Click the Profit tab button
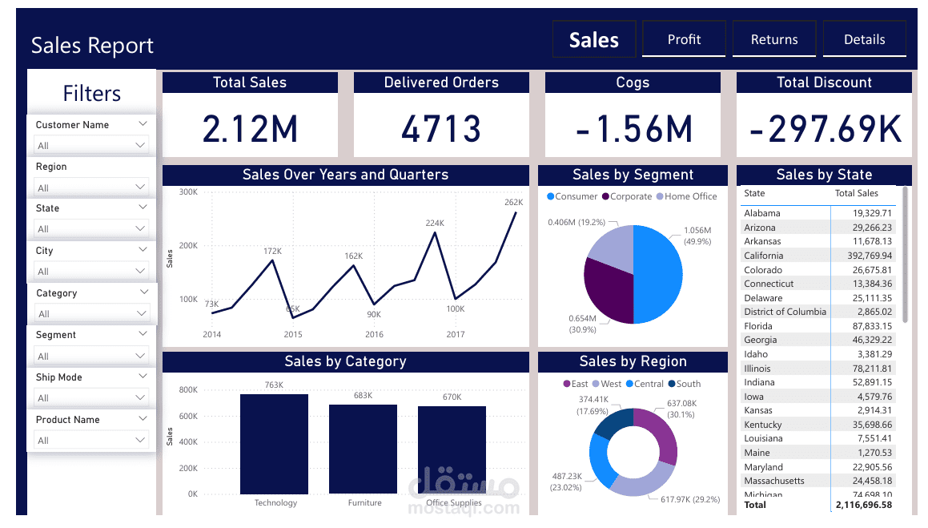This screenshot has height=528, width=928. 684,39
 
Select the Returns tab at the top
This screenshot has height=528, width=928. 774,39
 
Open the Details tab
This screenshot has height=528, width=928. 864,39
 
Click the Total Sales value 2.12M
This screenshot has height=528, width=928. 250,128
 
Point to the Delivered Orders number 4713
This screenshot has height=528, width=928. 441,128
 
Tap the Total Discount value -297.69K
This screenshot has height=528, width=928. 824,128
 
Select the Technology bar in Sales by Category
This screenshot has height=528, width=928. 274,444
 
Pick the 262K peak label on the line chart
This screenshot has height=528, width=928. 513,203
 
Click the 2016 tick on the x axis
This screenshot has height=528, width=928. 374,334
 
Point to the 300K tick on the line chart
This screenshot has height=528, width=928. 188,192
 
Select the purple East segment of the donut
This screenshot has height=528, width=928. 661,433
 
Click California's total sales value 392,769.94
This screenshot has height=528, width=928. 862,256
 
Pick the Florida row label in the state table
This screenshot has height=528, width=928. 758,326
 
